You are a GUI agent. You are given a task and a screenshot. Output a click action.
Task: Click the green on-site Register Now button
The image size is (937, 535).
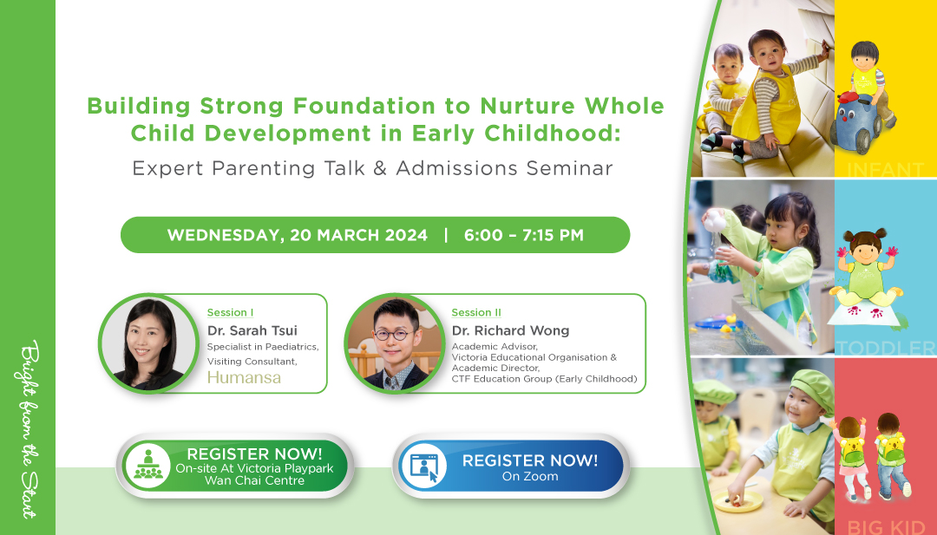[235, 466]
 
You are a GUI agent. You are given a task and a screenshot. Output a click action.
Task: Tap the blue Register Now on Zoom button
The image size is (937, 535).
[511, 466]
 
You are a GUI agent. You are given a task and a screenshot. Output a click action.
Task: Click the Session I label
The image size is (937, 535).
[230, 312]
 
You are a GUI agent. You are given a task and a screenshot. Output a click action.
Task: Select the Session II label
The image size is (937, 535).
[476, 312]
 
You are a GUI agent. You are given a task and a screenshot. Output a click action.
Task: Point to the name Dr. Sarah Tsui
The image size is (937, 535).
[252, 330]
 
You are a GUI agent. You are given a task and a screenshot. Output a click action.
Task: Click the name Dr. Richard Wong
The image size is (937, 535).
[510, 330]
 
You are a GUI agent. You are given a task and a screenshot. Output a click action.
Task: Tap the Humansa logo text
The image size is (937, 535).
[244, 377]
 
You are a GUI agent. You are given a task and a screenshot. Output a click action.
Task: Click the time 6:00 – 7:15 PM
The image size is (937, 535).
[523, 235]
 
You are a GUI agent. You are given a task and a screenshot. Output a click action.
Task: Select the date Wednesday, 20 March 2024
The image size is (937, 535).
[297, 235]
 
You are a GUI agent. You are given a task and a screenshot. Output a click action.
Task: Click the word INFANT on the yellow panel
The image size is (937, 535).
[885, 170]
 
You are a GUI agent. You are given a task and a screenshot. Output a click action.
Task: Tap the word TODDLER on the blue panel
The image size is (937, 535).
[886, 348]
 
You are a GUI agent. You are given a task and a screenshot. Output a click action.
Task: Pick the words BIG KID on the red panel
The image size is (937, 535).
[886, 527]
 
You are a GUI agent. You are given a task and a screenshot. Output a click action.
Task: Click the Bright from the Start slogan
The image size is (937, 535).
[29, 429]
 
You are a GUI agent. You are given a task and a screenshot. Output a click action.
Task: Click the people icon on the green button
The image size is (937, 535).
[147, 466]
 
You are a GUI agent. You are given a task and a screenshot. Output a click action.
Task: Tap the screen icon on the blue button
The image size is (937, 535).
[424, 466]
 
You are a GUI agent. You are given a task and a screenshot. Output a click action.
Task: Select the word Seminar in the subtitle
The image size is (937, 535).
[569, 168]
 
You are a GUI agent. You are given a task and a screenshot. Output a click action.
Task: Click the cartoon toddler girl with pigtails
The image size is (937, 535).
[865, 271]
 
